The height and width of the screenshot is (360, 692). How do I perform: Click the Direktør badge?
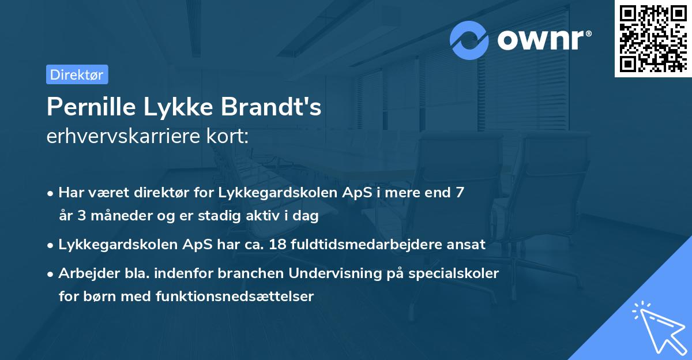(x=77, y=74)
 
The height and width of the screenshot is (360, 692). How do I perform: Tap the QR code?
(x=653, y=38)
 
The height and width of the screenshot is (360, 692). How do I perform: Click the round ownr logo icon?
(x=469, y=40)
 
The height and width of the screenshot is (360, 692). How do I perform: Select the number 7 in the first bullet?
(x=460, y=193)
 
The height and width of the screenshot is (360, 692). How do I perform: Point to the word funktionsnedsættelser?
(x=235, y=297)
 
